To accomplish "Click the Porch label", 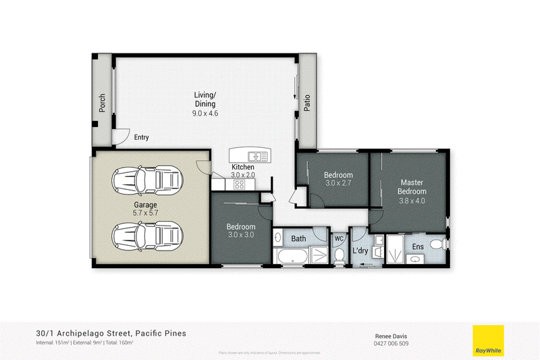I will pyautogui.click(x=103, y=103).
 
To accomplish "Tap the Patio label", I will pyautogui.click(x=307, y=103).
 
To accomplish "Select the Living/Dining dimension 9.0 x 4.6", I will pyautogui.click(x=205, y=113).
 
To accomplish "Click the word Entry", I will pyautogui.click(x=141, y=137).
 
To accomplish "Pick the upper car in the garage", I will pyautogui.click(x=147, y=179).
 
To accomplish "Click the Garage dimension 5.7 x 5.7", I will pyautogui.click(x=145, y=213).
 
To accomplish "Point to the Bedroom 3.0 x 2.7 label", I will pyautogui.click(x=339, y=179).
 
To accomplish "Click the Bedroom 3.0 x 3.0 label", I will pyautogui.click(x=240, y=230).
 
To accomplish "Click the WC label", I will pyautogui.click(x=339, y=238).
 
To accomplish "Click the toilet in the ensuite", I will pyautogui.click(x=437, y=245).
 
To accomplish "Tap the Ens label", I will pyautogui.click(x=418, y=246).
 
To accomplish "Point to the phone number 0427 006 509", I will pyautogui.click(x=391, y=343).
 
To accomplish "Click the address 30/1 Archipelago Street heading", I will pyautogui.click(x=111, y=333).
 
